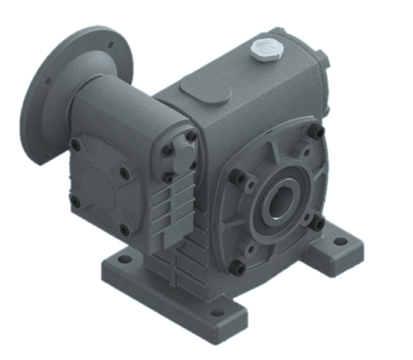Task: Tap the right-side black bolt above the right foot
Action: click(319, 223)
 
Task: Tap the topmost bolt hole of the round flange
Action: click(111, 44)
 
